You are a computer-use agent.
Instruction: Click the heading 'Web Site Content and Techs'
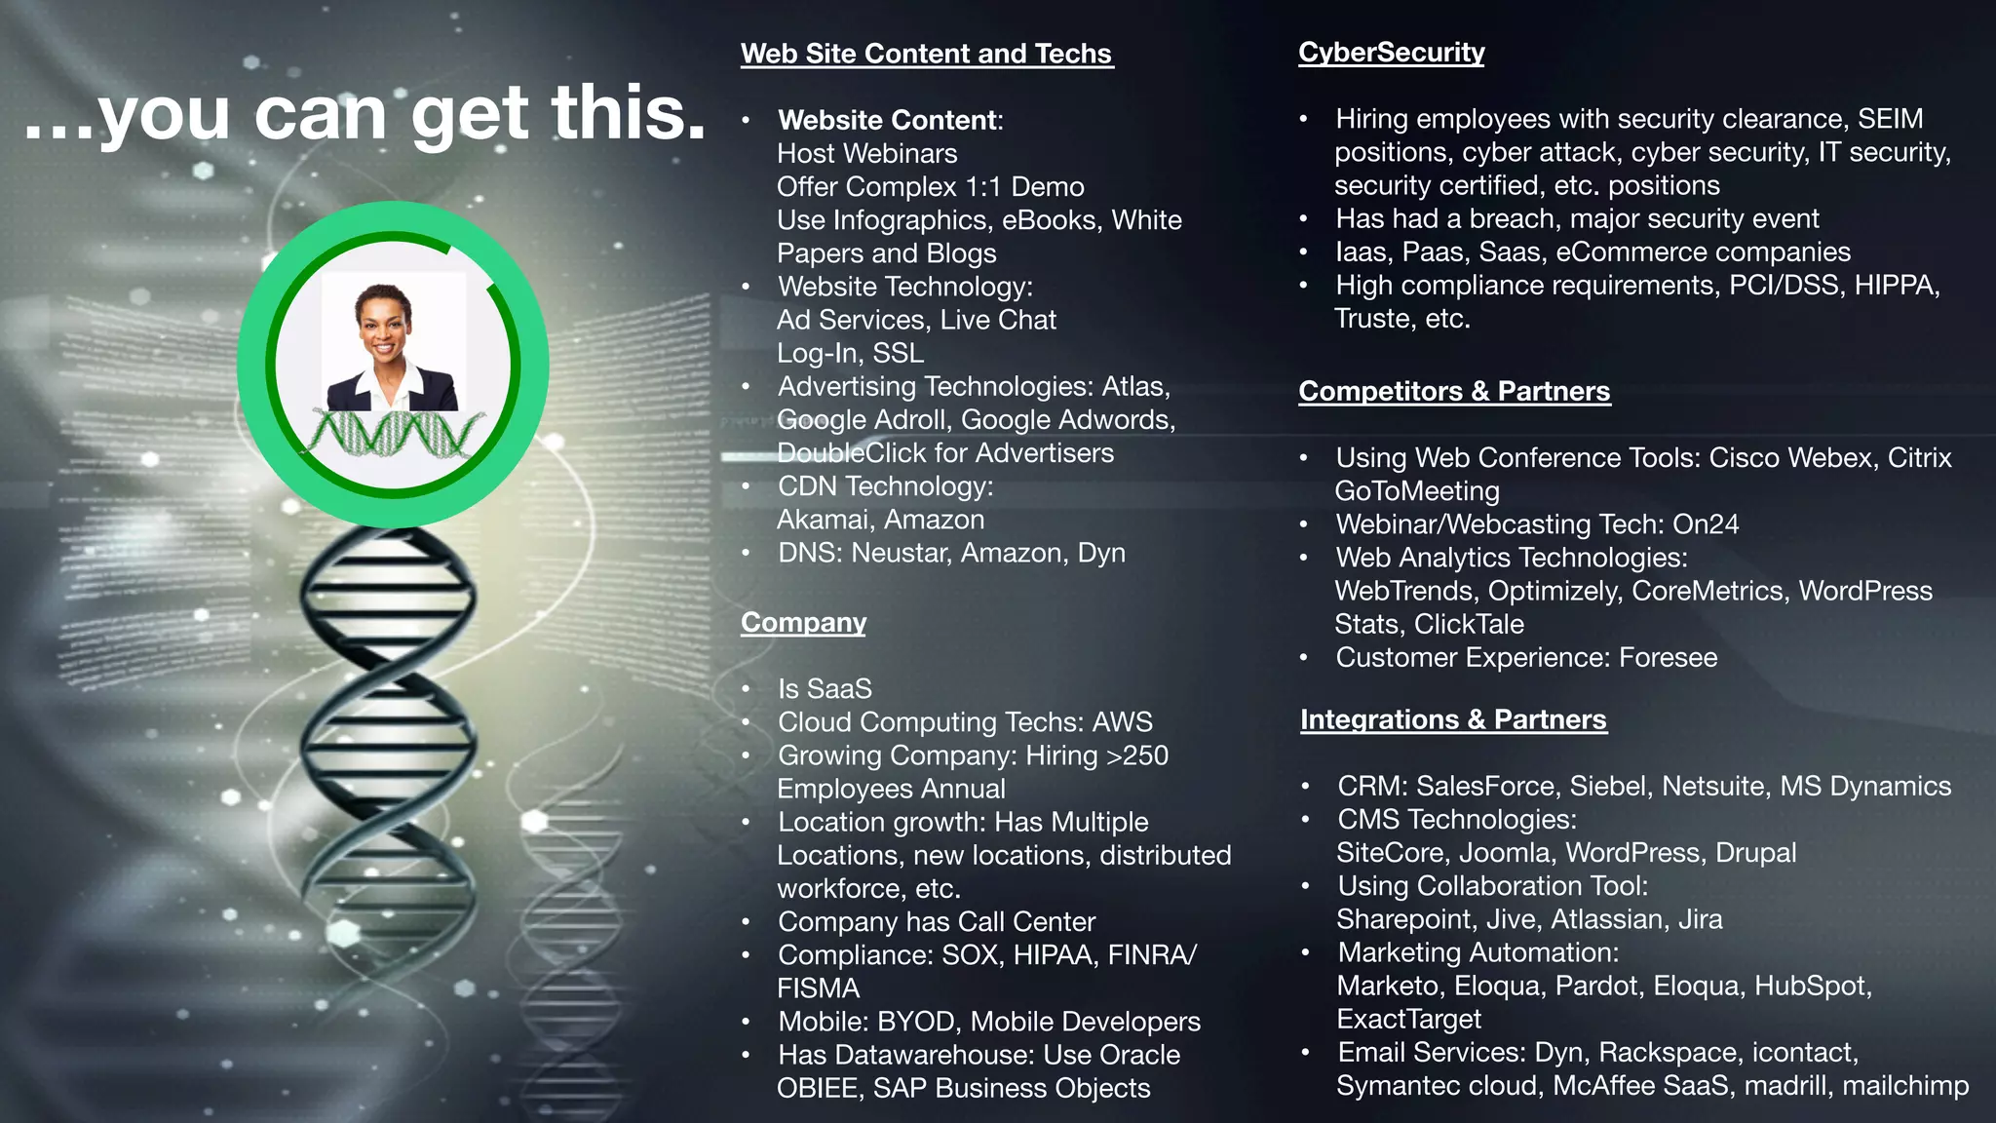[926, 54]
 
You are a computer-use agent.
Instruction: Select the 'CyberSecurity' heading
[1391, 53]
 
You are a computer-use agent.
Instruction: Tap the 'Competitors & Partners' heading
[1454, 391]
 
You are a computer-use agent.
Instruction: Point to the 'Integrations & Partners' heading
[1453, 719]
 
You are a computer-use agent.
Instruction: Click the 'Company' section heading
[803, 622]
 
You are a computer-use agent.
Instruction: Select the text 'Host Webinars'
[866, 154]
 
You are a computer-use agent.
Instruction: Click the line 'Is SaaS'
[825, 689]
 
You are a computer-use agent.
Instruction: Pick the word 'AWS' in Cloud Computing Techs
[1122, 722]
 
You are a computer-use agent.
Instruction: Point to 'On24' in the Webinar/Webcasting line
[1706, 524]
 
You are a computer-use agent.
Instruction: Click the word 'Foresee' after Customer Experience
[1668, 658]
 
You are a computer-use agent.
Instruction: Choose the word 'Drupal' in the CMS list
[1755, 853]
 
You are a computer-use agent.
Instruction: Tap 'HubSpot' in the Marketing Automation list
[1810, 987]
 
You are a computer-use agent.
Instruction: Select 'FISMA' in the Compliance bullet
[818, 988]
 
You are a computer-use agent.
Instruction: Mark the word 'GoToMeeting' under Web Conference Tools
[1416, 491]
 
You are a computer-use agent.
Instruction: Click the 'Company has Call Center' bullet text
[936, 922]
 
